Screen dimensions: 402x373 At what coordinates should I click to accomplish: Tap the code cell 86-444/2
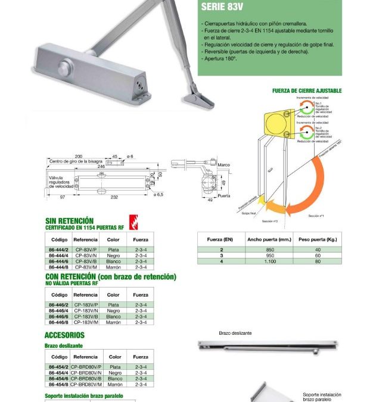click(x=60, y=250)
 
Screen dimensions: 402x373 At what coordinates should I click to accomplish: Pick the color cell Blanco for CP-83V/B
click(x=113, y=261)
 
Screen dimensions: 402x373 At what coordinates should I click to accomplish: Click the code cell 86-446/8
click(x=60, y=322)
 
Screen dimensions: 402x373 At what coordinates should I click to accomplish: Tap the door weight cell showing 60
click(x=318, y=255)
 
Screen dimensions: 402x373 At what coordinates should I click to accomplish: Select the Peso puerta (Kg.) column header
click(x=318, y=239)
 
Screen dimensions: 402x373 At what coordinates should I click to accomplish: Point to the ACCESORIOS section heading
click(x=64, y=335)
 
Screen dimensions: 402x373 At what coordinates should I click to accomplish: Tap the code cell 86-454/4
click(x=60, y=373)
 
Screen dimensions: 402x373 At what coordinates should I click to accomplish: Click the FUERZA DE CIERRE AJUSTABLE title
click(x=307, y=91)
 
